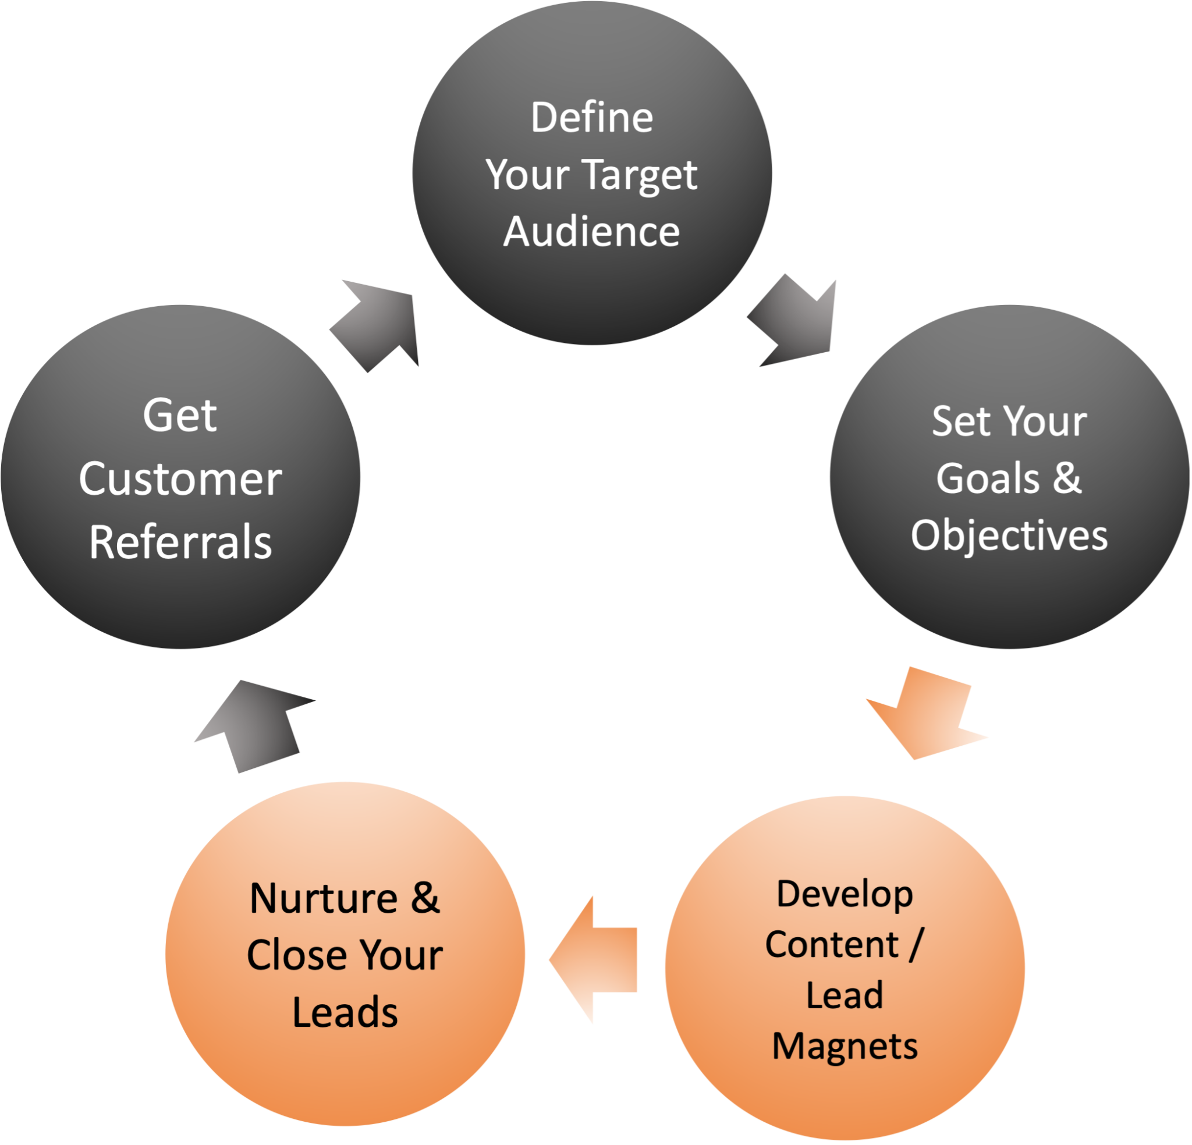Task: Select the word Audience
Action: coord(591,232)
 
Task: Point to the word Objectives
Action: coord(1009,537)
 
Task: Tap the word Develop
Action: coord(845,894)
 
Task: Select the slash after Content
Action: coord(916,944)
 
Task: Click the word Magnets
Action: coord(845,1047)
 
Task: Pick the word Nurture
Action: coord(323,898)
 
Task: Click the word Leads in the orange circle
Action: coord(345,1012)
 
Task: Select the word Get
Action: coord(179,416)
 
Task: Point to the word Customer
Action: coord(180,480)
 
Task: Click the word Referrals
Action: coord(180,542)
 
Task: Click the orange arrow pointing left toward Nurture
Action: coord(598,960)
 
